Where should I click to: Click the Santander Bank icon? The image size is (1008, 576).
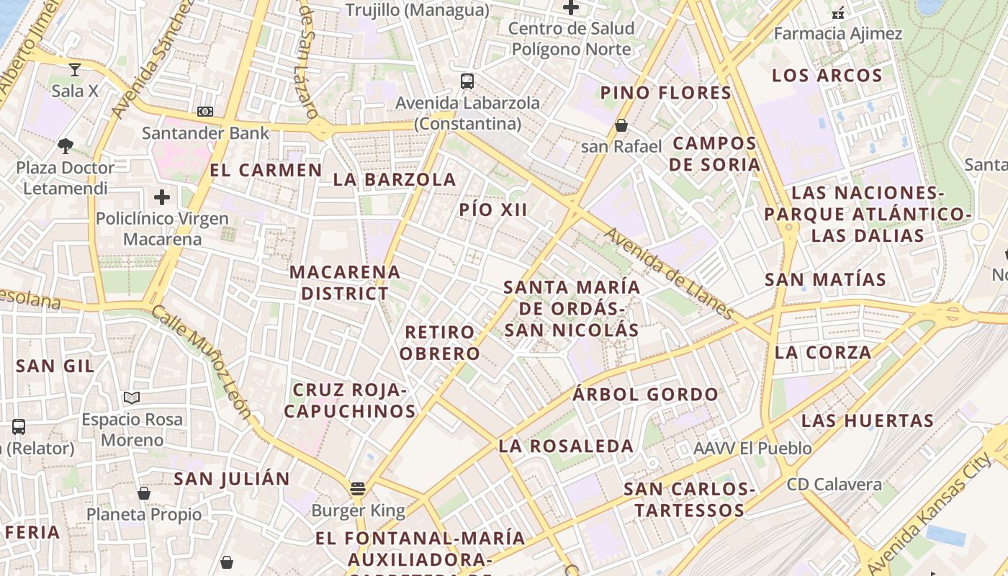tap(205, 112)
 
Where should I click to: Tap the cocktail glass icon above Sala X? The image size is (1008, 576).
tap(74, 70)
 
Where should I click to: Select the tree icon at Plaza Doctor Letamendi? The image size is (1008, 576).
tap(66, 146)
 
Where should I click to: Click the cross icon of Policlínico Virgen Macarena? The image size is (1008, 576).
tap(162, 197)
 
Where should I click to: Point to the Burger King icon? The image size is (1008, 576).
tap(358, 489)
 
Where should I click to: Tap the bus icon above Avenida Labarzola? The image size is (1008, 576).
tap(467, 81)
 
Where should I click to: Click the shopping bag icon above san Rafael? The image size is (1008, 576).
tap(621, 125)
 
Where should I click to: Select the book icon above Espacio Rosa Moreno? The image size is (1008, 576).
tap(131, 397)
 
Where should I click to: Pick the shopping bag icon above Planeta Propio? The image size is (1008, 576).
tap(144, 493)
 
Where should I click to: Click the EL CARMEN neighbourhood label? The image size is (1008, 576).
tap(266, 171)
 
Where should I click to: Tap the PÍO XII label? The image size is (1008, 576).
tap(493, 210)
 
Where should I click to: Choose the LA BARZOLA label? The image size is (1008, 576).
tap(395, 179)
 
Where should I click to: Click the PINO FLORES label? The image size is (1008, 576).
tap(666, 93)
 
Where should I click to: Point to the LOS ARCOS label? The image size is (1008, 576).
tap(827, 76)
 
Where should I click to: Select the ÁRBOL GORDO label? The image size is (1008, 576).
tap(645, 395)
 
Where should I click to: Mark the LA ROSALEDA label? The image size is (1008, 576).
tap(566, 446)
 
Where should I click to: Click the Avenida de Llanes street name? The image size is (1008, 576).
tap(669, 274)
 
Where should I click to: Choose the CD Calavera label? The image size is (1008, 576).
tap(834, 484)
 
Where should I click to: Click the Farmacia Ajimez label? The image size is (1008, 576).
tap(838, 34)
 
